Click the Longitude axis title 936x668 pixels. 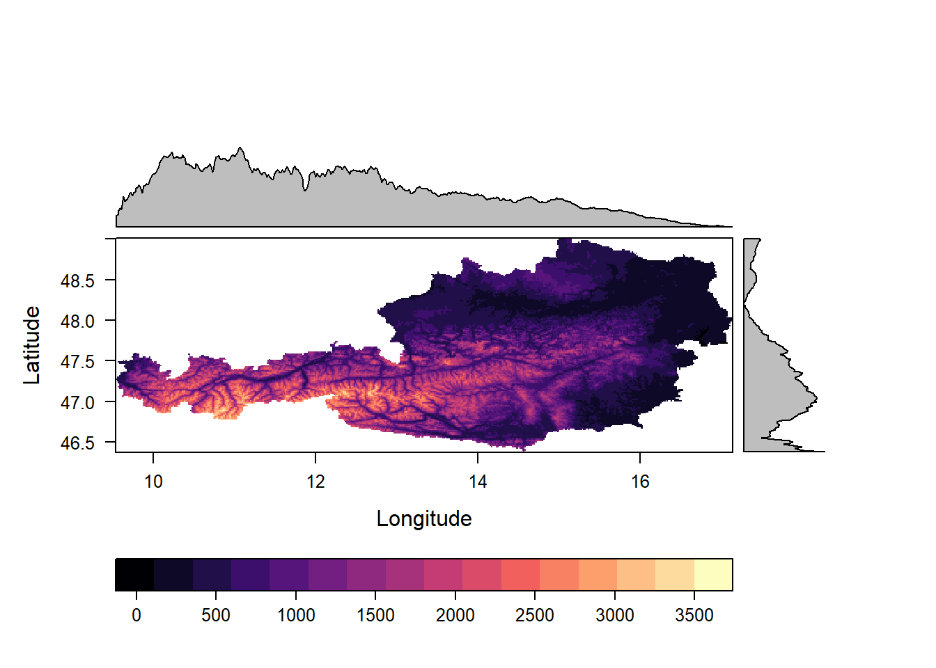point(424,518)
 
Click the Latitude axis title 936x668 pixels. point(32,345)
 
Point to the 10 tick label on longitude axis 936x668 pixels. point(153,482)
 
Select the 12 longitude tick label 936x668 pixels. point(315,482)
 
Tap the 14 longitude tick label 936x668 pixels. point(478,482)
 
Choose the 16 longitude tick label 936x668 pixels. point(640,482)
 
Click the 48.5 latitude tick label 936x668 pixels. point(77,281)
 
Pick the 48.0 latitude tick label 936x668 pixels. point(77,321)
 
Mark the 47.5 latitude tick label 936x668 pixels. point(77,362)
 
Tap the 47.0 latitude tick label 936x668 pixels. point(77,402)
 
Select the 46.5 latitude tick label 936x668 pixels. point(77,443)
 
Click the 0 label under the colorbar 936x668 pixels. point(136,615)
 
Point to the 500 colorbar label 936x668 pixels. point(216,615)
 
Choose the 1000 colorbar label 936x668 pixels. point(296,615)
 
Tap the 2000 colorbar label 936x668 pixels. point(455,615)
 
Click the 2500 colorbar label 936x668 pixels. point(535,615)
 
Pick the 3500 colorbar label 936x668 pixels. point(694,615)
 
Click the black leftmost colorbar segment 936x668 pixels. point(134,574)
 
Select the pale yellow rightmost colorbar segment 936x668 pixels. point(713,574)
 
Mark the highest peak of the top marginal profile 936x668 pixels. point(240,148)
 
